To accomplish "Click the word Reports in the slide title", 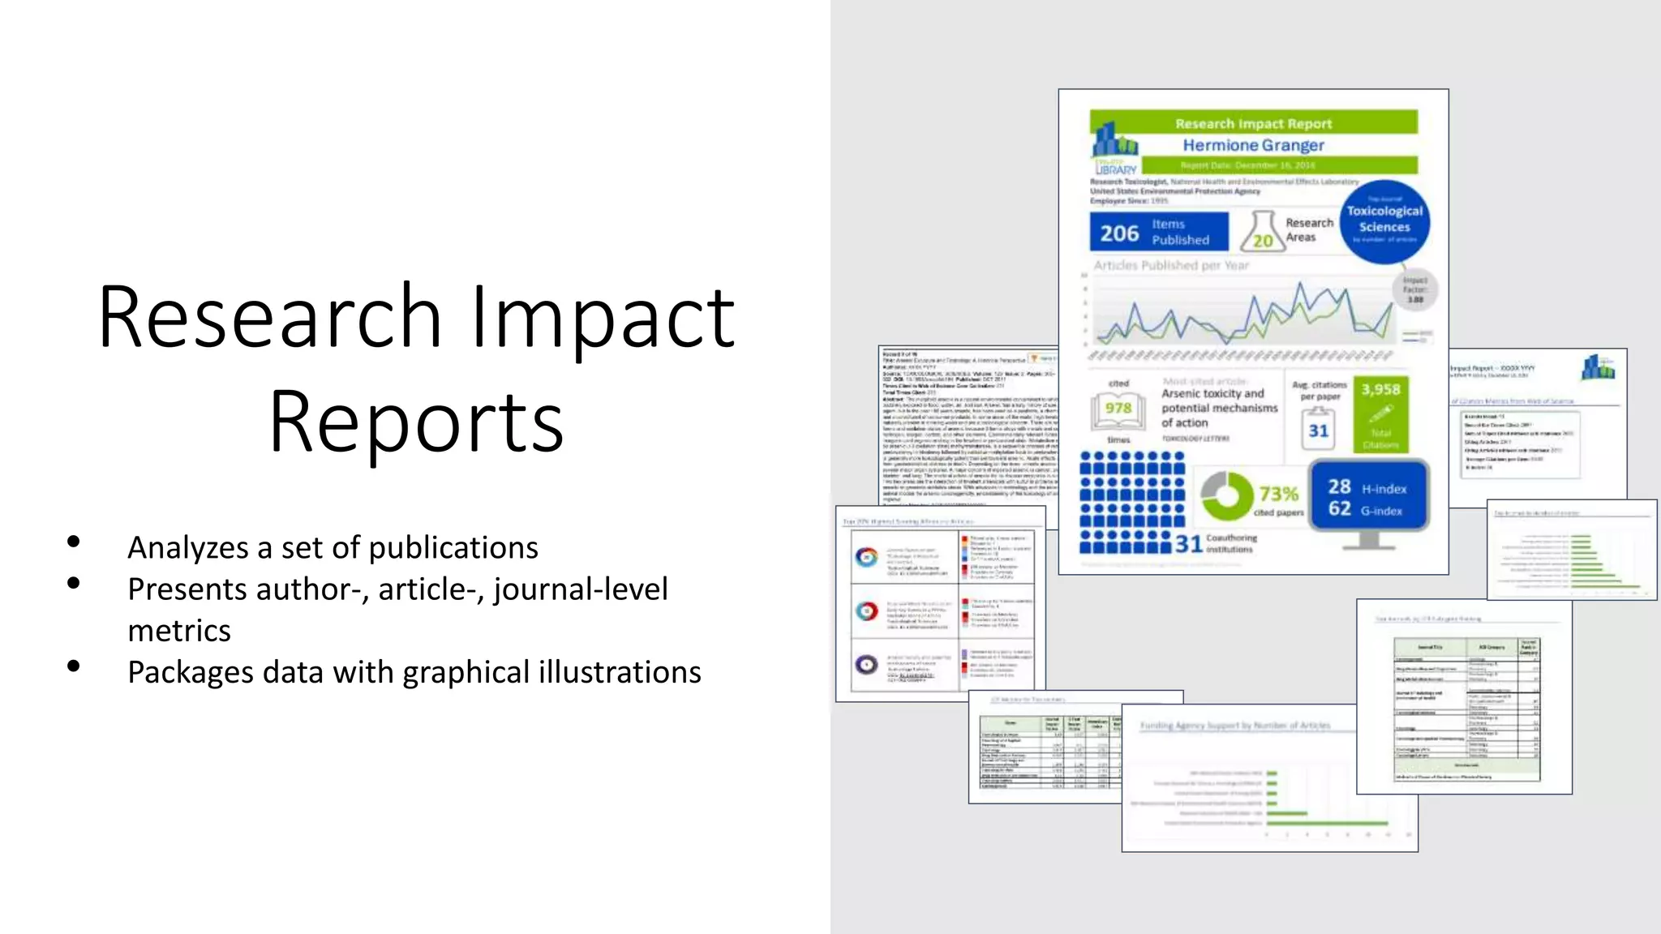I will tap(416, 422).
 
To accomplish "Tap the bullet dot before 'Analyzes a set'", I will tap(74, 542).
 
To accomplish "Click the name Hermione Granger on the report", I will tap(1253, 145).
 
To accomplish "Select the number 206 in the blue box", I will tap(1119, 233).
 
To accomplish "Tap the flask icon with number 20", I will tap(1262, 233).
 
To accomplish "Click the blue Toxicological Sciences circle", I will tap(1384, 221).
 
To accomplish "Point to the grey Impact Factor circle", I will tap(1414, 290).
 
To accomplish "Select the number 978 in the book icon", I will tap(1118, 409).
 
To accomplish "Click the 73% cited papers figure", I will tap(1279, 494).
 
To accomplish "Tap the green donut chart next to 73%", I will tap(1226, 495).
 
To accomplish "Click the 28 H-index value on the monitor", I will tap(1339, 486).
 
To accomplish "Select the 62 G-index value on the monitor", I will tap(1339, 509).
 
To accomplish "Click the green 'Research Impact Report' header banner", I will tap(1253, 123).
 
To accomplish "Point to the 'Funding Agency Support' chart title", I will tap(1234, 726).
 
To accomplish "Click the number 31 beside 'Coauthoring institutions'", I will tap(1188, 544).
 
